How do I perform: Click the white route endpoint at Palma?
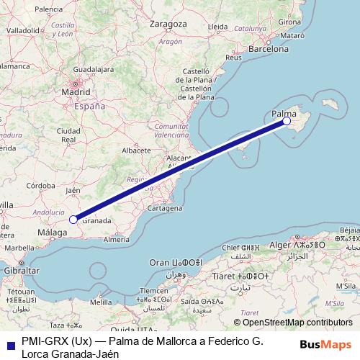click(x=287, y=121)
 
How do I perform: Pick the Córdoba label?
click(x=40, y=185)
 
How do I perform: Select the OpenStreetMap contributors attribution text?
click(x=297, y=323)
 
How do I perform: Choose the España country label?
click(x=91, y=106)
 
